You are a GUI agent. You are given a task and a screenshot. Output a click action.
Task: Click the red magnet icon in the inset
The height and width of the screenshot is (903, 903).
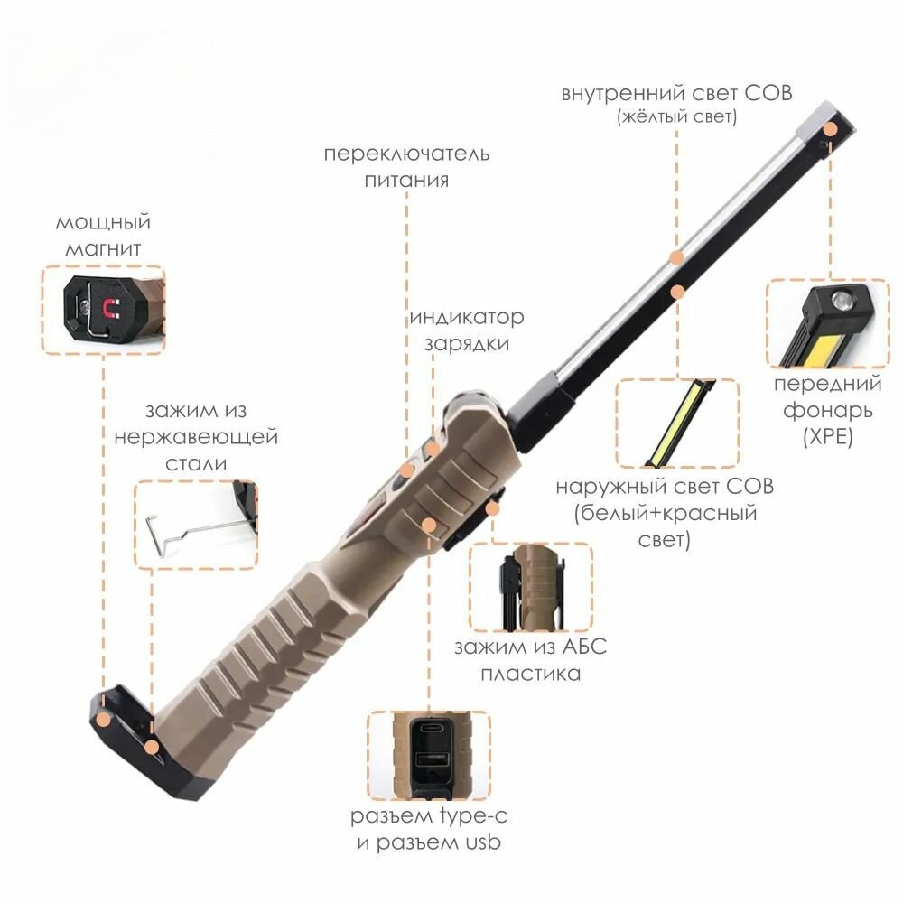[109, 308]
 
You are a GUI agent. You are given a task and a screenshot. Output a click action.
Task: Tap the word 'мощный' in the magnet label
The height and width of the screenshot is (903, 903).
[103, 223]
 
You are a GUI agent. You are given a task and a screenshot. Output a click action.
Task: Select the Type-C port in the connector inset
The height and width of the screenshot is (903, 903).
[432, 727]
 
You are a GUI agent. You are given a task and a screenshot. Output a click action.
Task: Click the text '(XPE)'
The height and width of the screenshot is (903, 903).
[827, 436]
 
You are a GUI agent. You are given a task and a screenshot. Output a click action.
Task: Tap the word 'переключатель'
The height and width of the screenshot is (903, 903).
[406, 154]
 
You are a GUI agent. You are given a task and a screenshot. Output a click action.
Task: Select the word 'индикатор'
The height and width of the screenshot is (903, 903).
[467, 317]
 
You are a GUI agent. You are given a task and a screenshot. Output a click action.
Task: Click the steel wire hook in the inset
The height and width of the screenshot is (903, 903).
[190, 530]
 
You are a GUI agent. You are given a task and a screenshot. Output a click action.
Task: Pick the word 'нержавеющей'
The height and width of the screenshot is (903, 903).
[196, 437]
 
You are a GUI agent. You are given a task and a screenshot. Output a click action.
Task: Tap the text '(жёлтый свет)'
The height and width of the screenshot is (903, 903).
[676, 116]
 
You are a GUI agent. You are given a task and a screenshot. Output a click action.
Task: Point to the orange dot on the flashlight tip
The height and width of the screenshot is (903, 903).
[830, 129]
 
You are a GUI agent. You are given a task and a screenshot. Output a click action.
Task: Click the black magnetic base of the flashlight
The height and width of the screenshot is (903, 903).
[149, 743]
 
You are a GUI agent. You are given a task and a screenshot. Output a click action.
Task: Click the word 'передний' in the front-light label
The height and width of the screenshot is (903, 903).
[827, 385]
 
